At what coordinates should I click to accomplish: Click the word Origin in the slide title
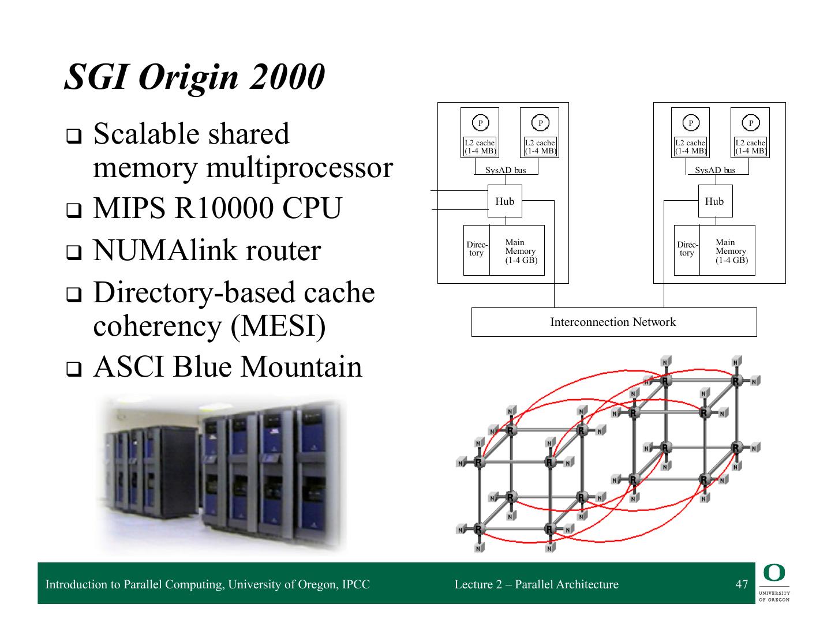(189, 77)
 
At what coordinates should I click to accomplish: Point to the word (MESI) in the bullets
(278, 326)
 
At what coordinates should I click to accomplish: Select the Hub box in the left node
(504, 201)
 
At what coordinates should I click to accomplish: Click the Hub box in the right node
(714, 201)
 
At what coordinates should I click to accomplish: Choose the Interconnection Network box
(613, 322)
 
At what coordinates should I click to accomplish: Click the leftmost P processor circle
(480, 122)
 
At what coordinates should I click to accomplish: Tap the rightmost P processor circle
(751, 122)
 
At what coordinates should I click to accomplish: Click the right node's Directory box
(687, 249)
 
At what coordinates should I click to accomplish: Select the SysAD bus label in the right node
(715, 170)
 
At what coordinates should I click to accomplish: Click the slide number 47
(742, 584)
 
